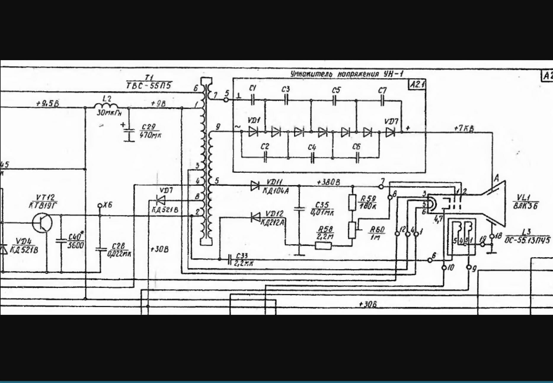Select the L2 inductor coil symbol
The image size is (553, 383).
pyautogui.click(x=106, y=106)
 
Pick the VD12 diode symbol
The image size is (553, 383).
pyautogui.click(x=255, y=217)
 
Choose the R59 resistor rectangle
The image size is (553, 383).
pyautogui.click(x=352, y=202)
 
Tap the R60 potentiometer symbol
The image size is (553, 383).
pyautogui.click(x=352, y=230)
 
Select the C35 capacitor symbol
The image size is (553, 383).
pyautogui.click(x=299, y=209)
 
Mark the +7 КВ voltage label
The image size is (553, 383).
pyautogui.click(x=464, y=128)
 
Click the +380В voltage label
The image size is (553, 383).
pyautogui.click(x=328, y=182)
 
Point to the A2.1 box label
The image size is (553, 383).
pyautogui.click(x=417, y=85)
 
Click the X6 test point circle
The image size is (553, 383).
pyautogui.click(x=100, y=205)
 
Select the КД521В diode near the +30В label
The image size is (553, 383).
pyautogui.click(x=161, y=201)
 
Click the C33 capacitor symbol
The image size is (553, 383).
pyautogui.click(x=230, y=259)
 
